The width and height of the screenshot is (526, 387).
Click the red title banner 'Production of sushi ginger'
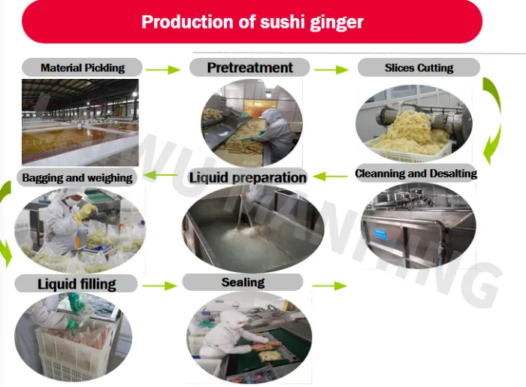[x=252, y=21]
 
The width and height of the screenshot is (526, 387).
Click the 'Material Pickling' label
[x=83, y=68]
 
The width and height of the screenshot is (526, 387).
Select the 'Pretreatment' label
[x=249, y=68]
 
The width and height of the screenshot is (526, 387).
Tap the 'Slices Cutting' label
[x=419, y=68]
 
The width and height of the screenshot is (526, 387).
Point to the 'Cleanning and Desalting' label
[x=416, y=174]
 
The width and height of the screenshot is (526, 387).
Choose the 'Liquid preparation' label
[x=247, y=177]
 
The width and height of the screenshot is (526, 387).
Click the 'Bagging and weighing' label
[x=77, y=178]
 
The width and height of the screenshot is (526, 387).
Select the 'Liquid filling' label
[x=77, y=284]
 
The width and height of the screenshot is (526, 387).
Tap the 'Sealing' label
[x=243, y=283]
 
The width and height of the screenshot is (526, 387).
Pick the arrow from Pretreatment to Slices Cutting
[x=331, y=70]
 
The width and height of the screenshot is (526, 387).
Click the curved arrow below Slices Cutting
[x=492, y=120]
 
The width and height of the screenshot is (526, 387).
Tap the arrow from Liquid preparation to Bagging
[x=160, y=176]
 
